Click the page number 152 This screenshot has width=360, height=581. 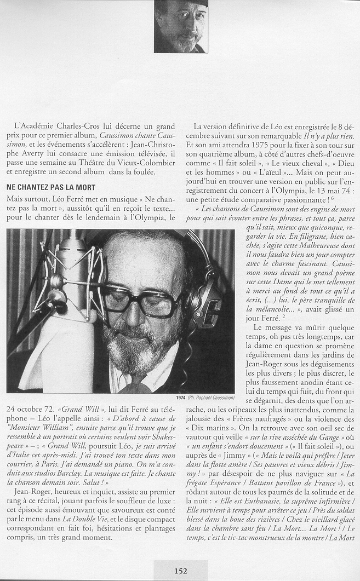coord(180,571)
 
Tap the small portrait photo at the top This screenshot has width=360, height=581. coord(181,26)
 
